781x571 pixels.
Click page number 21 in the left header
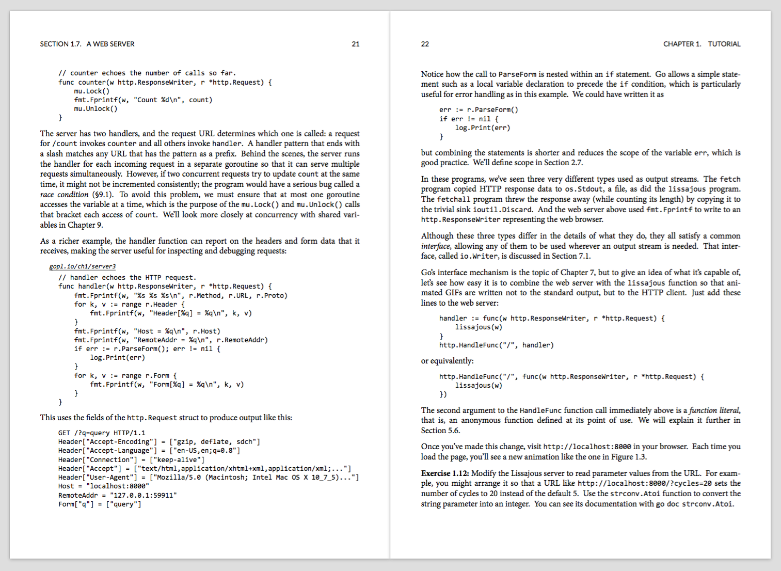[x=356, y=44]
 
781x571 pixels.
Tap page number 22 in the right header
[x=425, y=44]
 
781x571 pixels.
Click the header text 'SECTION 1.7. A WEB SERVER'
[x=87, y=44]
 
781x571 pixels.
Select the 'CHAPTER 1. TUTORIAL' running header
[x=702, y=44]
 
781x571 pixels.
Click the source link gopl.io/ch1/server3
[x=83, y=266]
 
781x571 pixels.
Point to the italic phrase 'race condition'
[x=64, y=195]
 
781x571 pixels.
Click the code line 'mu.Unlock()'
[x=95, y=109]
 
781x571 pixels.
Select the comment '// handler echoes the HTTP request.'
[x=127, y=277]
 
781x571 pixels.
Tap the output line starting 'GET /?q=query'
[x=102, y=433]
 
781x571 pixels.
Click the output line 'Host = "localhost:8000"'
[x=104, y=486]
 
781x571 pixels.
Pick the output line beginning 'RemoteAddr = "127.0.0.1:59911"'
[x=118, y=495]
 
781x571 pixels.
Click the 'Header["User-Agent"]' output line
[x=209, y=477]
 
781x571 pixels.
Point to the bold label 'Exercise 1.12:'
[x=445, y=473]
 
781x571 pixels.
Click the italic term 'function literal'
[x=714, y=410]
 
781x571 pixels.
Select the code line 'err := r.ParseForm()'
[x=479, y=109]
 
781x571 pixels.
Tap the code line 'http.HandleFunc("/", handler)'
[x=496, y=345]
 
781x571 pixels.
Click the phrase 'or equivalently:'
[x=447, y=361]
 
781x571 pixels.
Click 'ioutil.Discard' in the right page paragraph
[x=502, y=210]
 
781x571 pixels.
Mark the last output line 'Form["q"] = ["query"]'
[x=100, y=504]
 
